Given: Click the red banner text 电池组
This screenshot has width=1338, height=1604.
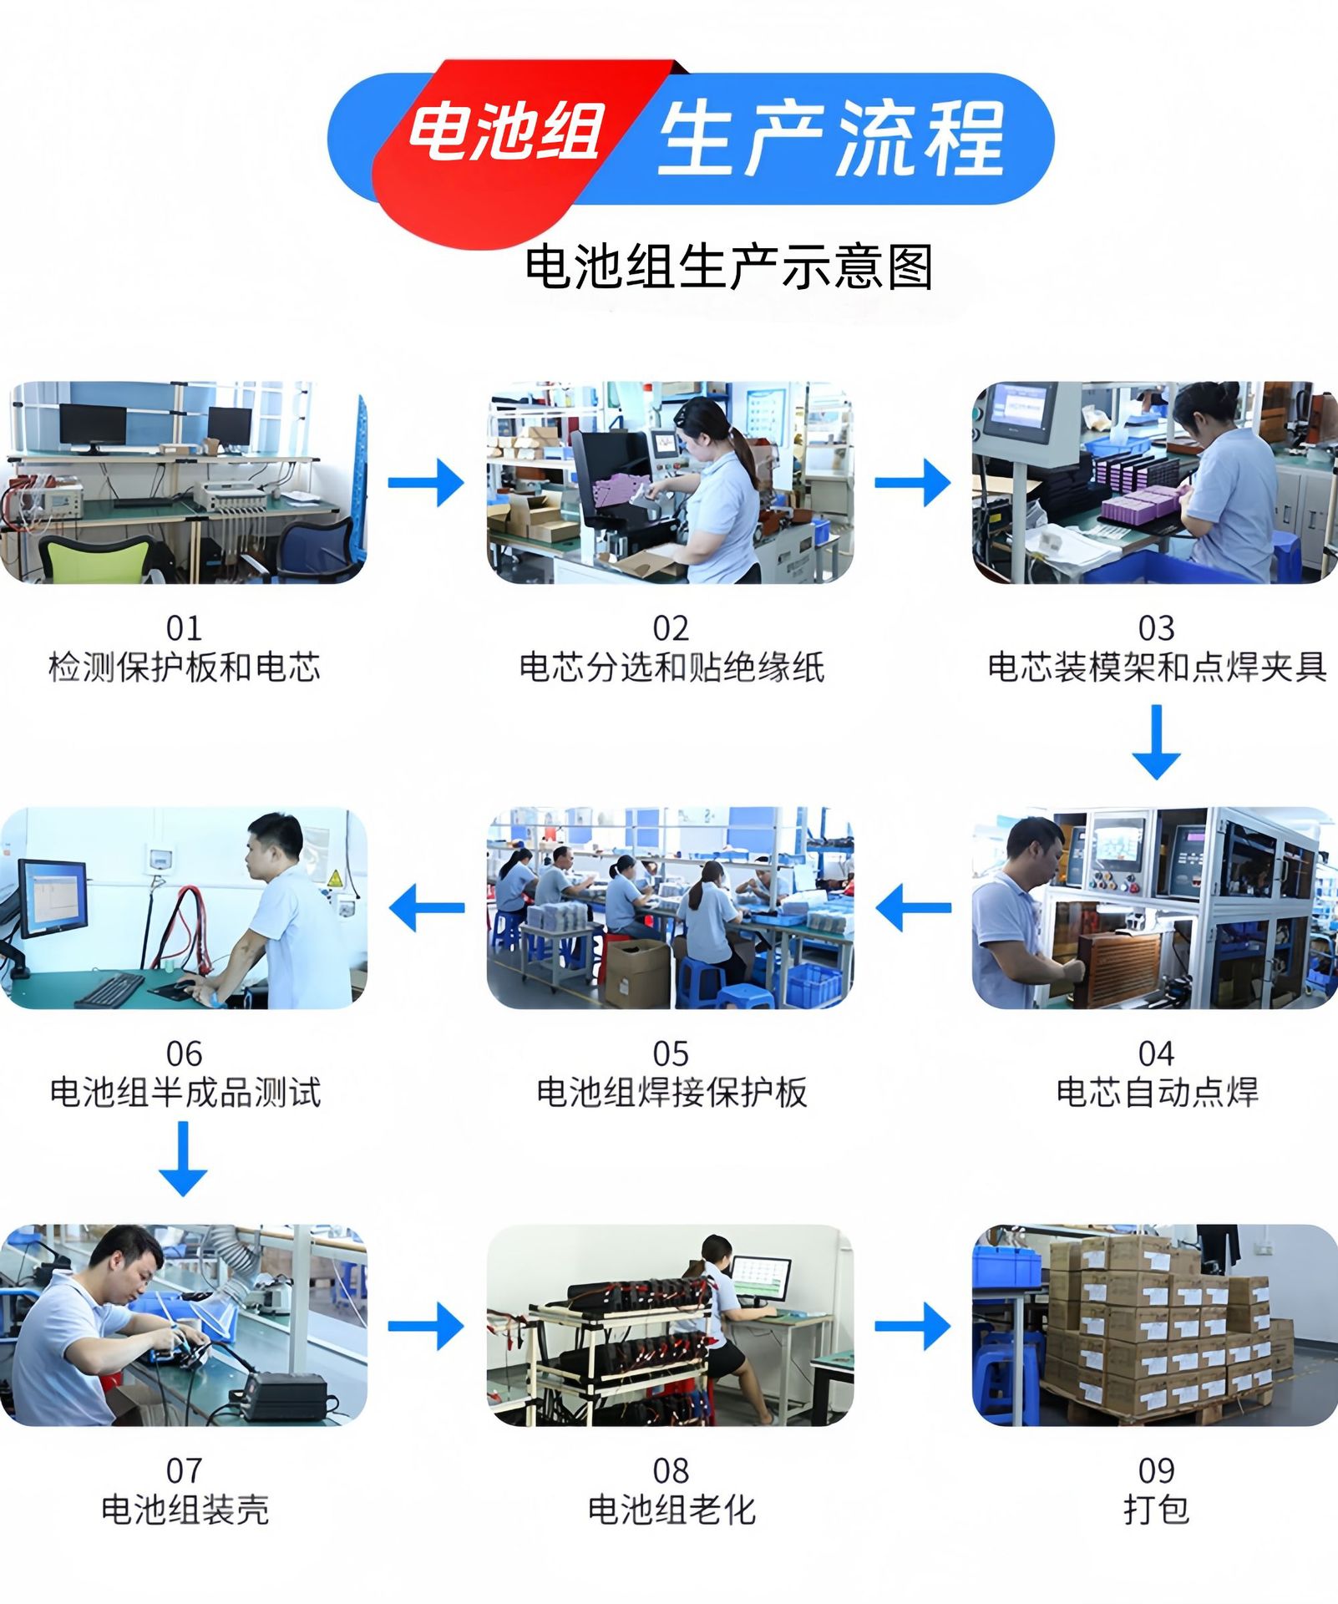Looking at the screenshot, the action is coord(505,132).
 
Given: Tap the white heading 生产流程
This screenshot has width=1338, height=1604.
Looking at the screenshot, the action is coord(832,137).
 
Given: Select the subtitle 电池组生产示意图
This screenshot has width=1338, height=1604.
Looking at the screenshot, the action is coord(729,266).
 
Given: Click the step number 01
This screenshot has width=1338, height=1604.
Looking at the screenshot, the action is coord(184,627).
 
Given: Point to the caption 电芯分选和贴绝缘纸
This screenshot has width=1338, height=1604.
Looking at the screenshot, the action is coord(672,667).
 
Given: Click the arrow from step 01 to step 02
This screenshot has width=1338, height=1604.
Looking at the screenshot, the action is coord(426,482).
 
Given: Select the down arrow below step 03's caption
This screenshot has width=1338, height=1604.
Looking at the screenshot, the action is coord(1156,742).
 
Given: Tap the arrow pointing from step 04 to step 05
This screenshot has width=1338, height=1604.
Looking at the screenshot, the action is coord(913,908).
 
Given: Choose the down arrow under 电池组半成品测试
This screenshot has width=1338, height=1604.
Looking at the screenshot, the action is coord(183,1159).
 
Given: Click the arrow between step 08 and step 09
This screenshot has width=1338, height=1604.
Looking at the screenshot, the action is coord(913,1326).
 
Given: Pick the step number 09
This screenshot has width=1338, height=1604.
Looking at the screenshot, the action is coord(1156,1470).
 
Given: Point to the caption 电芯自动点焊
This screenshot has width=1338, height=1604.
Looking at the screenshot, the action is coord(1157,1092).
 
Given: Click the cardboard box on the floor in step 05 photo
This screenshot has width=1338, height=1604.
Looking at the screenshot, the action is coord(637,973).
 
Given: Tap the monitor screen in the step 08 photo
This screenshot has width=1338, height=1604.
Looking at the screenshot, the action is coord(761,1279).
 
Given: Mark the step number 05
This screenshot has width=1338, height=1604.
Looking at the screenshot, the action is coord(671,1053).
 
